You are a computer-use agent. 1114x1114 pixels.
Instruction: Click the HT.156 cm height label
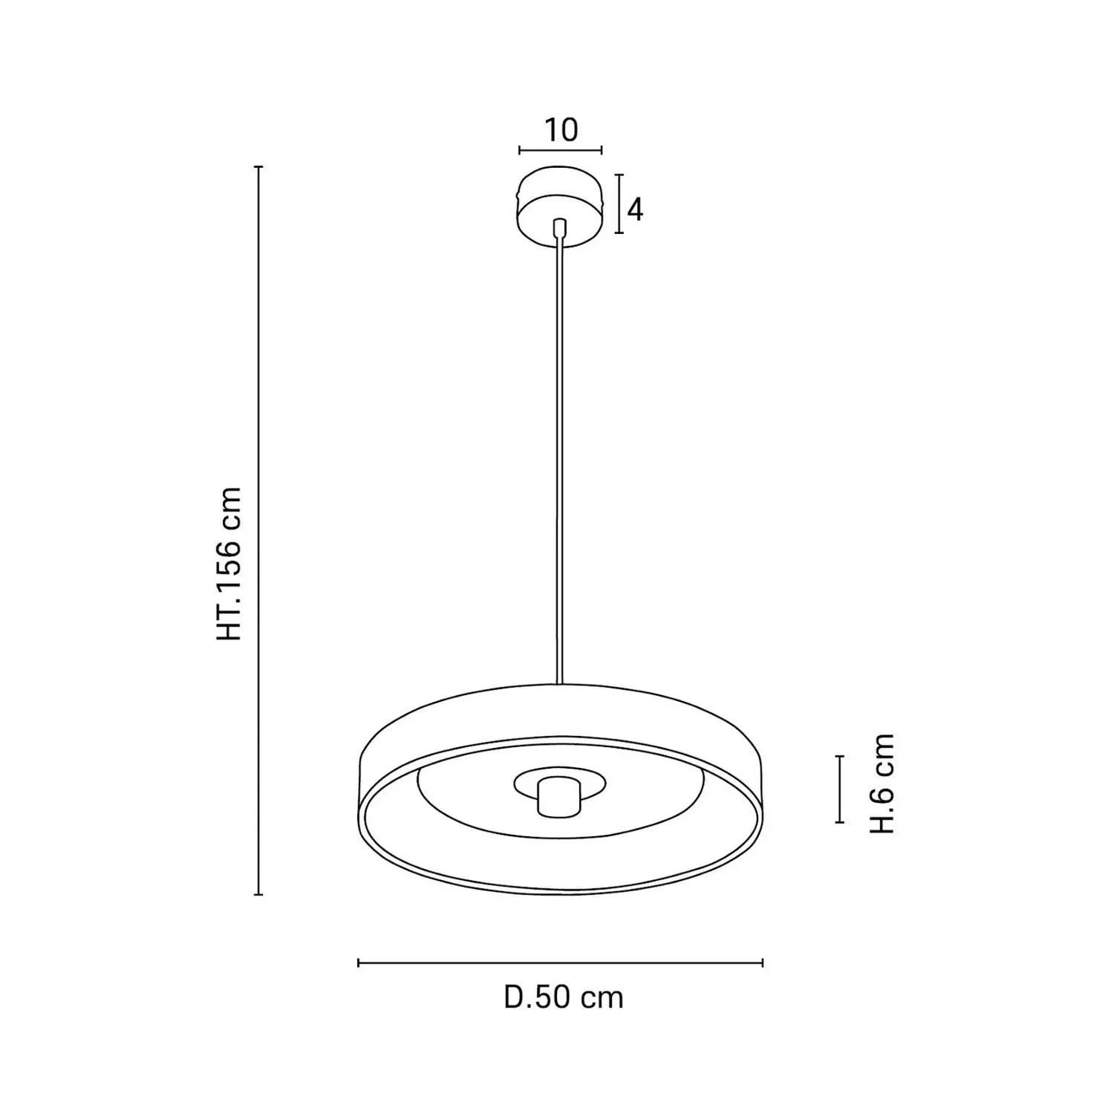pos(229,564)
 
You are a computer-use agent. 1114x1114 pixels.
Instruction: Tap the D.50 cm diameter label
pos(564,997)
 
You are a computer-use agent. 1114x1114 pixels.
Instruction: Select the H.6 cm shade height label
pos(882,783)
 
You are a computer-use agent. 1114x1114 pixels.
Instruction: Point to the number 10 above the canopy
pos(561,130)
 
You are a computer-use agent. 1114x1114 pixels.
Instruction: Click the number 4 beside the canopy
pos(634,210)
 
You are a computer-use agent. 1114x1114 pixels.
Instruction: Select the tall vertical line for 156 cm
pos(258,530)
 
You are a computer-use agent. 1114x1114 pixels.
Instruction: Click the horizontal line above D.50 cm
pos(561,963)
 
